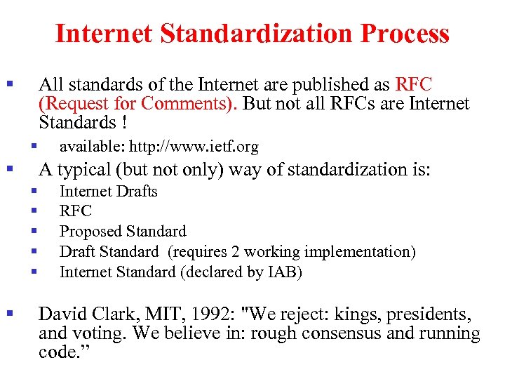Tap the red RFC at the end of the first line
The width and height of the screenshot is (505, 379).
(414, 85)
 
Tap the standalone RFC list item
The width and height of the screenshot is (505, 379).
(75, 211)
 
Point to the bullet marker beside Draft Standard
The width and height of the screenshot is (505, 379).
(32, 251)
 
